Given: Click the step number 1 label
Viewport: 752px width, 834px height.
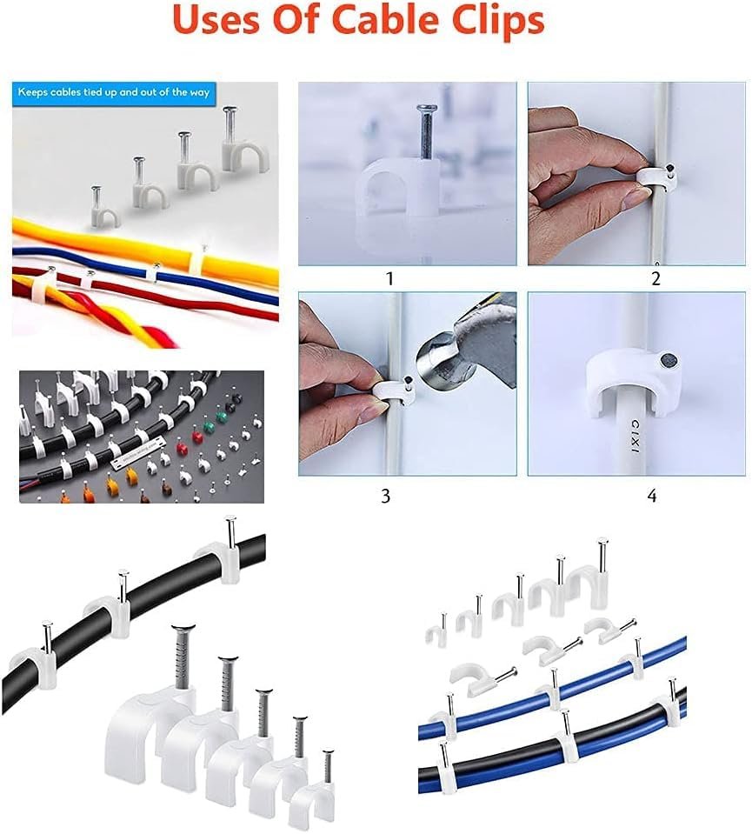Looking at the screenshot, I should [389, 279].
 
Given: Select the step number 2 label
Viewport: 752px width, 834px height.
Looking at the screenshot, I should [656, 279].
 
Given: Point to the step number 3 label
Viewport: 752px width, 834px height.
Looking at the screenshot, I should [385, 497].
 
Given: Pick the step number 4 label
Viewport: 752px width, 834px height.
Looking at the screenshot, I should [651, 497].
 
